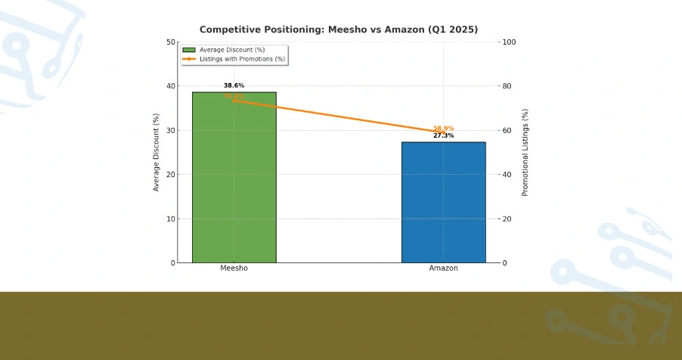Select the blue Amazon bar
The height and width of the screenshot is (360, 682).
443,203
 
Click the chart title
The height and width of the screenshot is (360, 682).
339,29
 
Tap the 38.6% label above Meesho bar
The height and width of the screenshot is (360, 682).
234,85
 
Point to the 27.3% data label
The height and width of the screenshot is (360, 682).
443,136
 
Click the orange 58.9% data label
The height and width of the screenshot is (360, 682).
443,129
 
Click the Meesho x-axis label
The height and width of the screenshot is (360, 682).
234,268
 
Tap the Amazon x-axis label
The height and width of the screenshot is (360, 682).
443,268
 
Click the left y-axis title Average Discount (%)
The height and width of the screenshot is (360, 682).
157,152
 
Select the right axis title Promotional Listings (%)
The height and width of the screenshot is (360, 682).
525,152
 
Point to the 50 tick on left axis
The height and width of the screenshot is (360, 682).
171,42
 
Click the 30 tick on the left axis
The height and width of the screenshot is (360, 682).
171,131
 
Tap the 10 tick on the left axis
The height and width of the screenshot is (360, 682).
171,219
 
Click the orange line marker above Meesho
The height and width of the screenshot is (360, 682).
234,101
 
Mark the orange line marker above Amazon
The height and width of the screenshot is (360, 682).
443,132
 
